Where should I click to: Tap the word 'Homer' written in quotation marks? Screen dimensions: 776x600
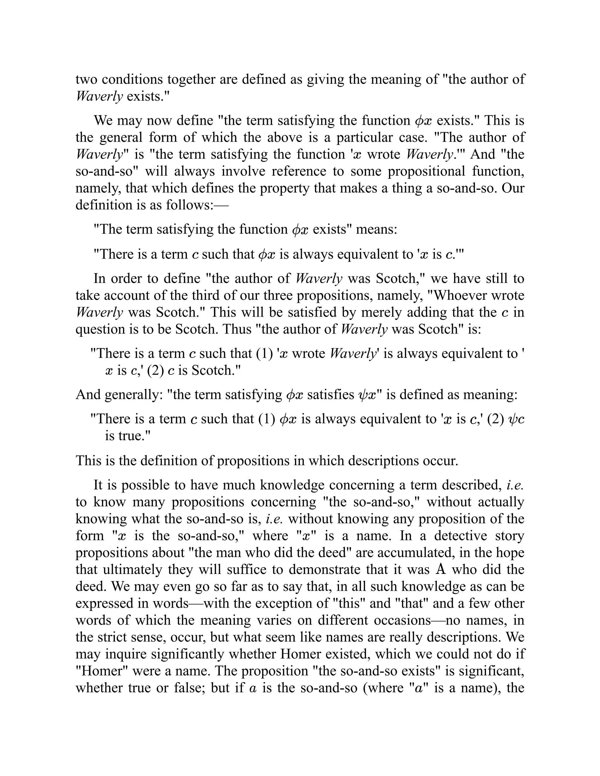(x=102, y=671)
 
